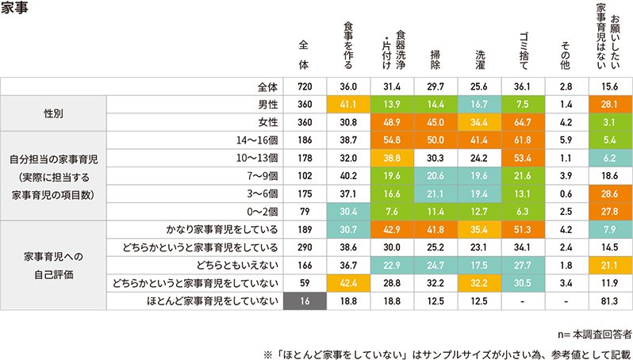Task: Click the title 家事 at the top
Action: pos(17,10)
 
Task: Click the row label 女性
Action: pos(268,121)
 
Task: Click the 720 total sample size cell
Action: pos(305,86)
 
